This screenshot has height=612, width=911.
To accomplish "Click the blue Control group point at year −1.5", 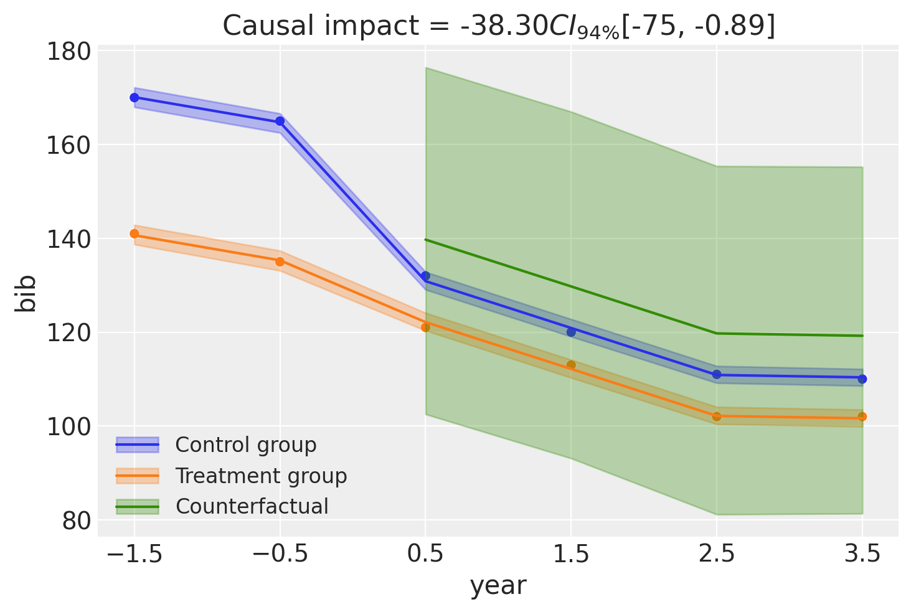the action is pyautogui.click(x=135, y=98).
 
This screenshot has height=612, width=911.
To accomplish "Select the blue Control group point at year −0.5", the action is pyautogui.click(x=280, y=121).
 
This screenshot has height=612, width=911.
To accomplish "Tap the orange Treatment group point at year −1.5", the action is pyautogui.click(x=135, y=233).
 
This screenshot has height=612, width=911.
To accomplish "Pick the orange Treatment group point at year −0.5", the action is pyautogui.click(x=280, y=261).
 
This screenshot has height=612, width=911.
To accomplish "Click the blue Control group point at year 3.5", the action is pyautogui.click(x=862, y=379).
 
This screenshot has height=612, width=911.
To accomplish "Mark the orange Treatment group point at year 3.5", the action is pyautogui.click(x=862, y=417).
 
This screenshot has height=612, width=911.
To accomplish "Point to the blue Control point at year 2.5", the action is pyautogui.click(x=717, y=374).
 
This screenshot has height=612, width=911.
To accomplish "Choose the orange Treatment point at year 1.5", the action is pyautogui.click(x=571, y=365).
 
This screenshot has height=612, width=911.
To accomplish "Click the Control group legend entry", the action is pyautogui.click(x=216, y=445).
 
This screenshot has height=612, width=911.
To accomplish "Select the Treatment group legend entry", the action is pyautogui.click(x=232, y=476).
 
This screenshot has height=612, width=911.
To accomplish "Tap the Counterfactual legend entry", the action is pyautogui.click(x=222, y=507).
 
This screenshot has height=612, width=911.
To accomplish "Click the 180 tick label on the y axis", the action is pyautogui.click(x=68, y=52).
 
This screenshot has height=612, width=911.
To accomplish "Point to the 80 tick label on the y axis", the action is pyautogui.click(x=76, y=521).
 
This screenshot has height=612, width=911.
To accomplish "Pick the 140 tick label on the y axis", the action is pyautogui.click(x=68, y=240).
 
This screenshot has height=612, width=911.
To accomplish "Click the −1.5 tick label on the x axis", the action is pyautogui.click(x=135, y=554).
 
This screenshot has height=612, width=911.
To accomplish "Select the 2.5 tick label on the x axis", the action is pyautogui.click(x=717, y=554).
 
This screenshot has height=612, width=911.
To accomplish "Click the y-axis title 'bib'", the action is pyautogui.click(x=25, y=294).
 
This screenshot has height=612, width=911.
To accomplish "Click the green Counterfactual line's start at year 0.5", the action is pyautogui.click(x=425, y=240).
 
